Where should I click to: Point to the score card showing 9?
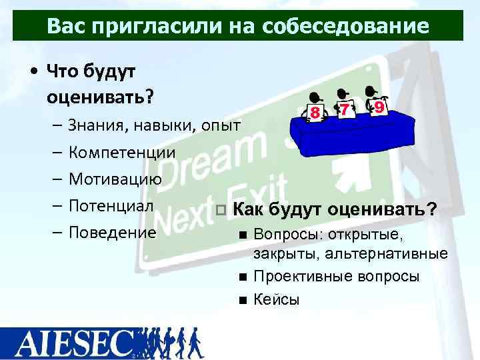pos(378,107)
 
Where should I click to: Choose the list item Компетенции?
pos(121,153)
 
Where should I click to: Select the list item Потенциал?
pos(111,206)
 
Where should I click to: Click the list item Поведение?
pos(112,233)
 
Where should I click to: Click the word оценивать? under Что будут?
pos(100,98)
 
